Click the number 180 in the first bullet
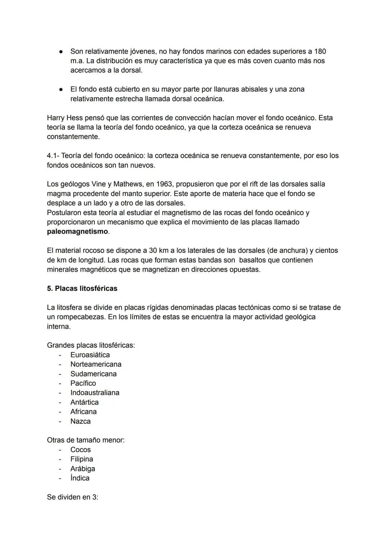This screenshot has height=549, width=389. click(320, 51)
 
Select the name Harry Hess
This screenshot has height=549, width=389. click(64, 118)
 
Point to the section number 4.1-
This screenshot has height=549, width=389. click(53, 156)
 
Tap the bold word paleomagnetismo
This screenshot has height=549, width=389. click(77, 231)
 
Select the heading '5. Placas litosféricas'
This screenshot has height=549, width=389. click(82, 288)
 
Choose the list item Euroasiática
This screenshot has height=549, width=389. click(90, 355)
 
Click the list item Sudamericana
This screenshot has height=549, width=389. click(93, 374)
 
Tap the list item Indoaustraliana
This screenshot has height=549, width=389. click(95, 393)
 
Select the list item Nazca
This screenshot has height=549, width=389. click(80, 421)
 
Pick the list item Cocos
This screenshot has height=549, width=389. click(80, 450)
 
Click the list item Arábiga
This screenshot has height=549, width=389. click(82, 469)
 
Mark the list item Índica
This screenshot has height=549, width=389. click(80, 478)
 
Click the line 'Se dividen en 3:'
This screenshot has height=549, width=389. click(72, 497)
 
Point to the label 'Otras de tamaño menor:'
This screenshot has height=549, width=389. click(86, 440)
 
